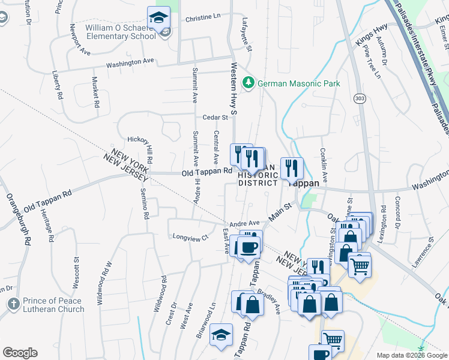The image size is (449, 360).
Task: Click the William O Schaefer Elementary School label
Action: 120,31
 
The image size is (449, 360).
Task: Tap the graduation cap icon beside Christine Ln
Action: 158,17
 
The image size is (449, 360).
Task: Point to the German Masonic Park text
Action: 298,83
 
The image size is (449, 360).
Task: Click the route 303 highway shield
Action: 359,98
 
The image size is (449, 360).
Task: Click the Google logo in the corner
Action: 20,352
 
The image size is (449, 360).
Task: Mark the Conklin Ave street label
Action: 324,165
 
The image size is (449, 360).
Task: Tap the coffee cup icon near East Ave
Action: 249,247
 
